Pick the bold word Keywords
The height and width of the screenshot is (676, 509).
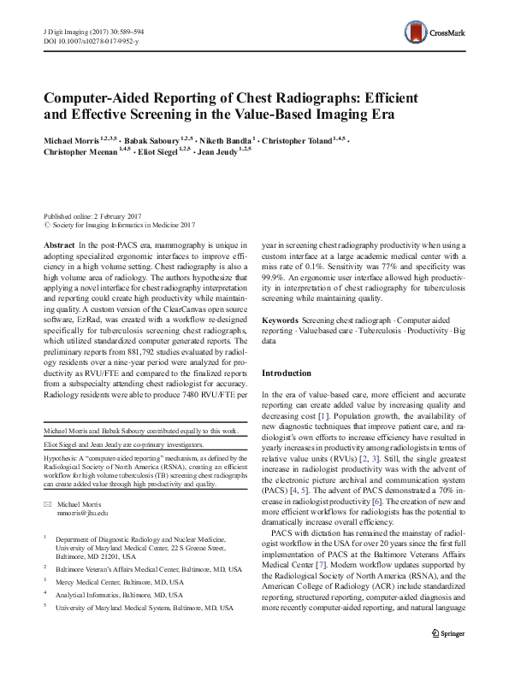click(281, 319)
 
